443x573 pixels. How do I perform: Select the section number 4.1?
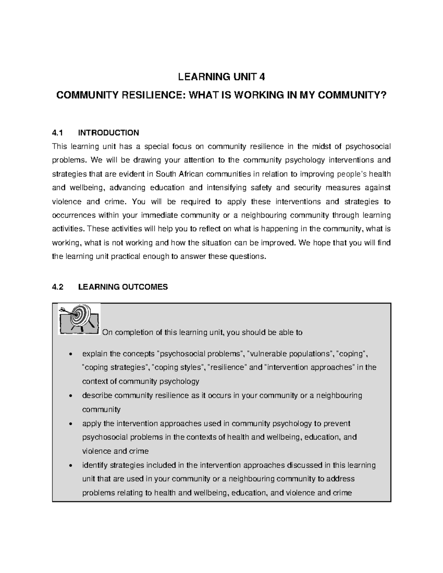(58, 132)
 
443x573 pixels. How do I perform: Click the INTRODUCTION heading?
(109, 132)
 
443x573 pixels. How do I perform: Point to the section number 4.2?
(58, 287)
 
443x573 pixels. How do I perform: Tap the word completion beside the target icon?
(135, 332)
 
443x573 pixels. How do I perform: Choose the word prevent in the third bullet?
(338, 423)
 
